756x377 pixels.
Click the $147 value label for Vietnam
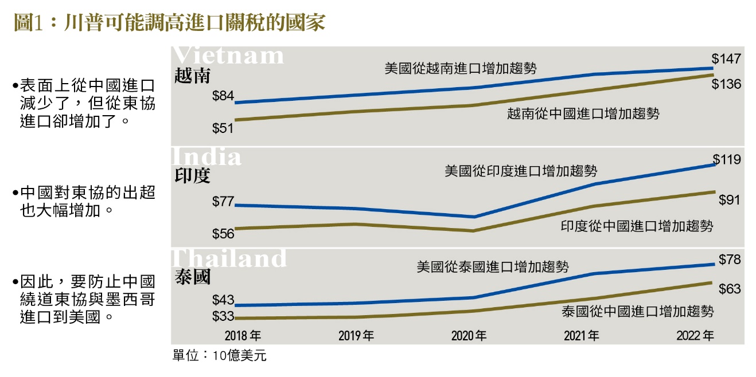(x=727, y=58)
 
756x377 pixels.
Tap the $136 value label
(x=727, y=84)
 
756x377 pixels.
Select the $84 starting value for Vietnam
(x=223, y=96)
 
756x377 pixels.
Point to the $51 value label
(x=223, y=128)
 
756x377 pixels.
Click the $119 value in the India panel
(x=727, y=160)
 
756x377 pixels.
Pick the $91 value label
(x=730, y=200)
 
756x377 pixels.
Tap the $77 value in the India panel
(x=223, y=202)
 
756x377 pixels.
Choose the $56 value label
(x=223, y=233)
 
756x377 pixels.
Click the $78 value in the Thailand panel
(x=730, y=260)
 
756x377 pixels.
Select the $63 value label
(x=730, y=289)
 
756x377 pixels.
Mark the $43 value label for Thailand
(x=223, y=300)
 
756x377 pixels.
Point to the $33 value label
(x=223, y=316)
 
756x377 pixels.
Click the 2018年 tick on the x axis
(x=243, y=335)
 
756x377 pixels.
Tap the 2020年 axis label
(x=469, y=335)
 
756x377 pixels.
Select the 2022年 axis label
(x=695, y=335)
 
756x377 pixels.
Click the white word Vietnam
(x=228, y=56)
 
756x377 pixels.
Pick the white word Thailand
(x=229, y=258)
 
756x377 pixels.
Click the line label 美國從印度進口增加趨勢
(x=521, y=171)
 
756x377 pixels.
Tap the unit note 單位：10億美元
(x=220, y=356)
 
